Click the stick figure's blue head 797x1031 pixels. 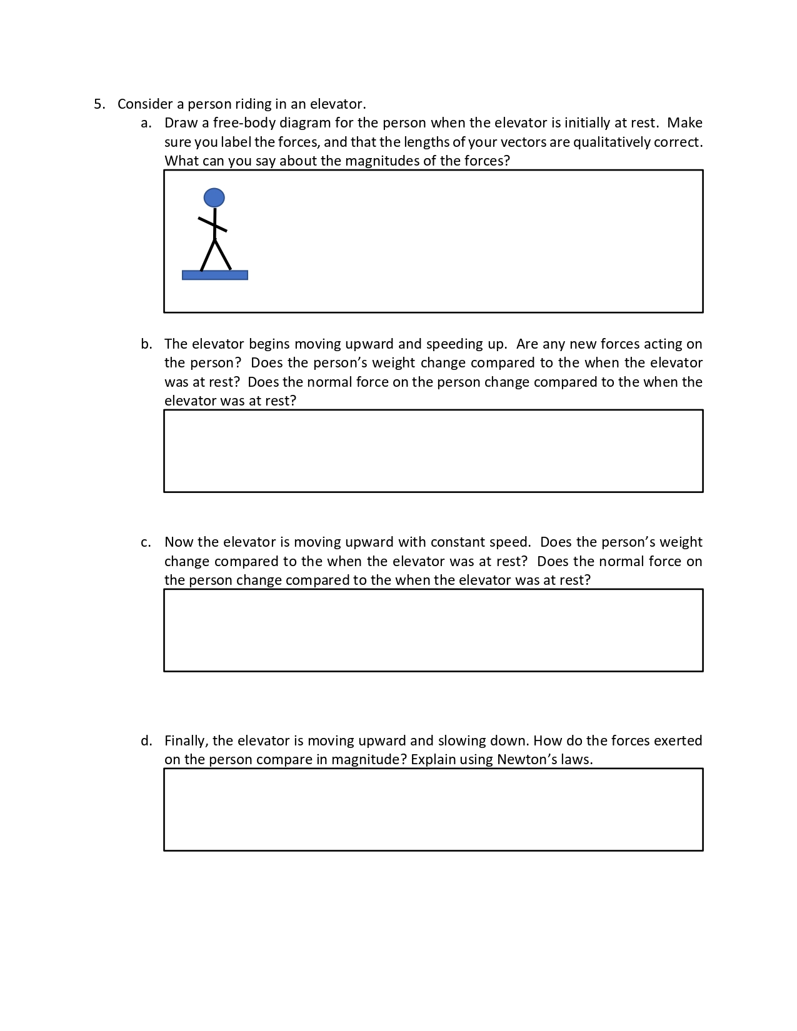(x=214, y=197)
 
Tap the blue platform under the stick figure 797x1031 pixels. (x=214, y=275)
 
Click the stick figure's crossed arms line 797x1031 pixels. (x=213, y=224)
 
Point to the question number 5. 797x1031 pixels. (x=99, y=104)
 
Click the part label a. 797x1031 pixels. (x=146, y=123)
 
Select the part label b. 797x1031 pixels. (x=146, y=344)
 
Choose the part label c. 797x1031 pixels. (x=146, y=542)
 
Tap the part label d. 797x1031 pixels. (x=146, y=741)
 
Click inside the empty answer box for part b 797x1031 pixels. (x=433, y=451)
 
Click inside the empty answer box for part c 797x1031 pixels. (x=433, y=630)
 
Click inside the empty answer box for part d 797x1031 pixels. (x=433, y=809)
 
